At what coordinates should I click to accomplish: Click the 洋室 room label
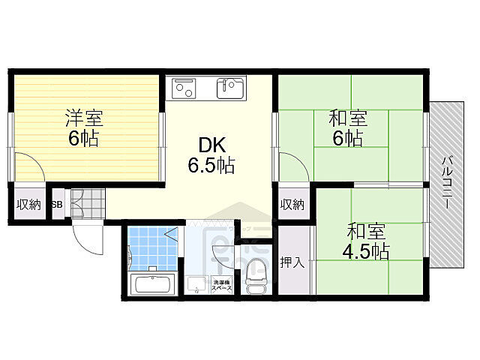pyautogui.click(x=84, y=118)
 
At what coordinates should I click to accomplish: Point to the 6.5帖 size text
pyautogui.click(x=211, y=166)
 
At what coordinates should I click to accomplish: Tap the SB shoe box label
pyautogui.click(x=58, y=204)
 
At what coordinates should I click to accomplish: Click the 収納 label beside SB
pyautogui.click(x=29, y=204)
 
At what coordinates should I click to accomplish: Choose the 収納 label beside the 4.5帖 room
pyautogui.click(x=292, y=204)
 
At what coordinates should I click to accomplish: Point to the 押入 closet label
pyautogui.click(x=292, y=262)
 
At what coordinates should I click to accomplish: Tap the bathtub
pyautogui.click(x=153, y=286)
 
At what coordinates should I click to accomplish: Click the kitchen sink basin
pyautogui.click(x=229, y=88)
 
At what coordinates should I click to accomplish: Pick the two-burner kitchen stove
pyautogui.click(x=184, y=89)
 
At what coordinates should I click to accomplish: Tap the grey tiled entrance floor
pyautogui.click(x=88, y=203)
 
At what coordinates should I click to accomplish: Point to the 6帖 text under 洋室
pyautogui.click(x=82, y=138)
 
